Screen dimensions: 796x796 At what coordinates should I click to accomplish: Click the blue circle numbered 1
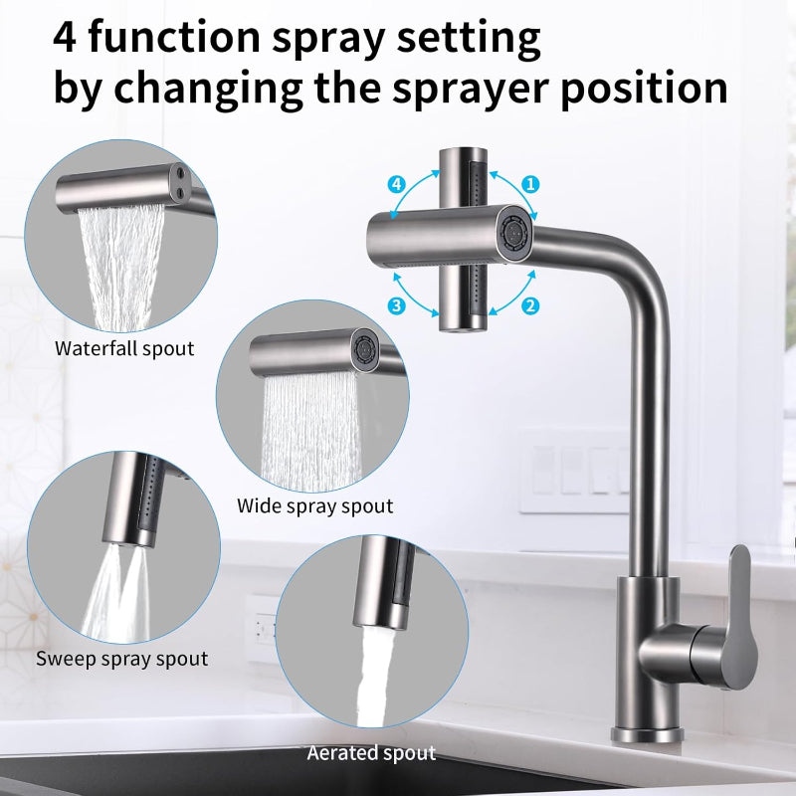[530, 184]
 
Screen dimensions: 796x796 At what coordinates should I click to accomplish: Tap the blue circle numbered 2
[530, 305]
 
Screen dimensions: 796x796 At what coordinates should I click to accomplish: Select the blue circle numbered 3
[396, 305]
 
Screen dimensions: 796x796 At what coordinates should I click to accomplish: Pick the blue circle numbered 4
[396, 184]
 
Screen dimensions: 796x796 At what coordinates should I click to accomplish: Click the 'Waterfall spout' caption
[124, 349]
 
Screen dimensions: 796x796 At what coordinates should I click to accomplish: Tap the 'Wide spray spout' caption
[314, 506]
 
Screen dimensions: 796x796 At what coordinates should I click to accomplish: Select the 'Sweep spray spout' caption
[121, 659]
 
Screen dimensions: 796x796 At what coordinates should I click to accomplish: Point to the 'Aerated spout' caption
[371, 753]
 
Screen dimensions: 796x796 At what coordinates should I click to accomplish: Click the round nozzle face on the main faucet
[514, 233]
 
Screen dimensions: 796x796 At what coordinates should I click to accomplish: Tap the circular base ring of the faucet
[647, 734]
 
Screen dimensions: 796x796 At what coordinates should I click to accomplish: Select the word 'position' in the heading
[644, 90]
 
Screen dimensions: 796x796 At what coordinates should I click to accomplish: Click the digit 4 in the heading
[65, 38]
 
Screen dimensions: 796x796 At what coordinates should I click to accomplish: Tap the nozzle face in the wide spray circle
[365, 349]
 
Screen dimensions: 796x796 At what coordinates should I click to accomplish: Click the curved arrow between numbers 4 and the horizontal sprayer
[409, 192]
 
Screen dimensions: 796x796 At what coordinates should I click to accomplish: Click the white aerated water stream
[374, 676]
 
